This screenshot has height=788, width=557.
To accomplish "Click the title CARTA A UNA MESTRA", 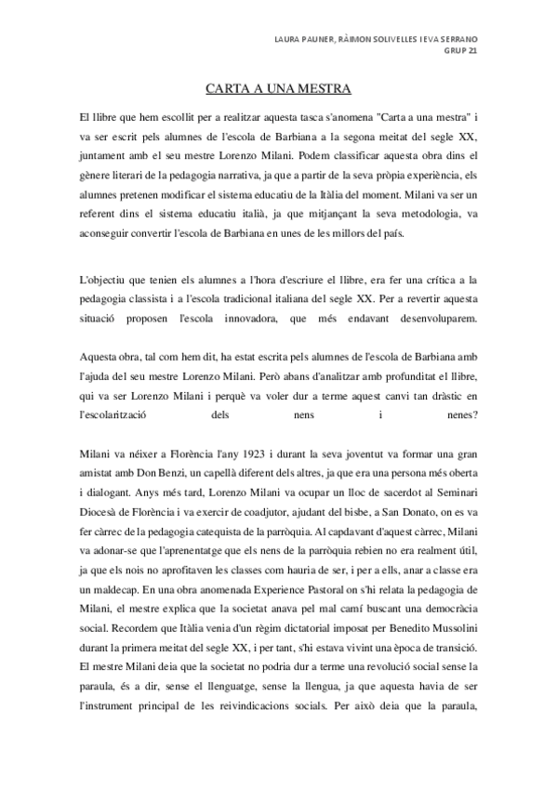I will point(278,90).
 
